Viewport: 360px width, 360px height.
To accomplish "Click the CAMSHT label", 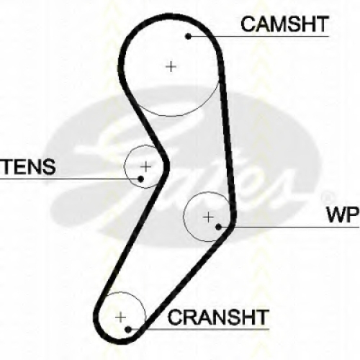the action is pos(284,24).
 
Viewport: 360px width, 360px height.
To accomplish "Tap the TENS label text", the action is pos(28,166).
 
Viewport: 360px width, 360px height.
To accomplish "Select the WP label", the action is pos(343,215).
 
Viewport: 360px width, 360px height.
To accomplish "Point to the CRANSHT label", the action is pos(217,317).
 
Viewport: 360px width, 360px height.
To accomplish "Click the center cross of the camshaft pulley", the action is pos(171,66).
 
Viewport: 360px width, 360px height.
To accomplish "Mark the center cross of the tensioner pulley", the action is pos(145,166).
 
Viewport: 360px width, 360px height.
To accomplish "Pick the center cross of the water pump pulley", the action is pos(208,217).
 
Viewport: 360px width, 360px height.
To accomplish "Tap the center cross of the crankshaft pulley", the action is pos(120,318).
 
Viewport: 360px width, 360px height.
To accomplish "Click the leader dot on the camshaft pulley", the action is pos(189,36).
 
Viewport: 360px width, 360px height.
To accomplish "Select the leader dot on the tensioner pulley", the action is pos(141,179).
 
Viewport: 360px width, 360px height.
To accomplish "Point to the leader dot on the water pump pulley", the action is pos(218,227).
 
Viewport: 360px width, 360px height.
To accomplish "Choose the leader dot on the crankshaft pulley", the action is pos(128,329).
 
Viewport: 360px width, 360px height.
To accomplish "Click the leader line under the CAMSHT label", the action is pos(258,37).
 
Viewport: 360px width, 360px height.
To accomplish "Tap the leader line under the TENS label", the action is pos(71,179).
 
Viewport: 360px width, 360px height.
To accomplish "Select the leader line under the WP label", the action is pos(289,227).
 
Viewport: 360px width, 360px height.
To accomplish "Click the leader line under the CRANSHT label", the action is pos(199,329).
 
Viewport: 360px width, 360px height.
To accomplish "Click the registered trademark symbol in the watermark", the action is pos(327,197).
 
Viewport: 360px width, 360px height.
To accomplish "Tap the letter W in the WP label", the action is pos(336,215).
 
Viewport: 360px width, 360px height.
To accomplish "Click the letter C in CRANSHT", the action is pos(175,317).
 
